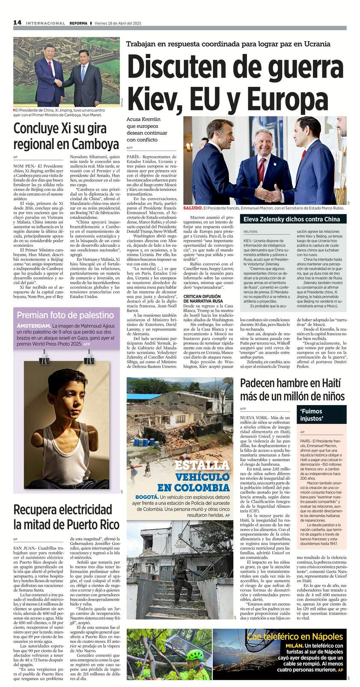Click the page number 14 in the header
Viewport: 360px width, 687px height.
(17, 23)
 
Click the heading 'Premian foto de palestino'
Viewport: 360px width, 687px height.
(65, 315)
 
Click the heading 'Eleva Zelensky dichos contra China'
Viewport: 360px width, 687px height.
(292, 219)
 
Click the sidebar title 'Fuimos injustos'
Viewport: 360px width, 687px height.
(311, 415)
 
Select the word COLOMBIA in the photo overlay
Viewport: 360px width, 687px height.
(193, 487)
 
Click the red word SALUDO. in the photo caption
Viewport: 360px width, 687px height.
(193, 208)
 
